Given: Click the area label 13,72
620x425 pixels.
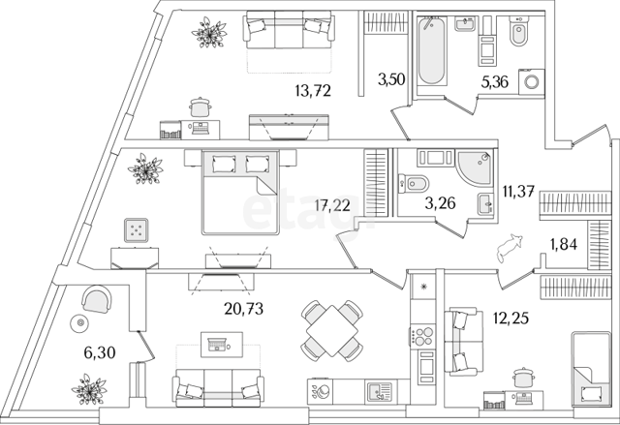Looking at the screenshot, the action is [x=313, y=91].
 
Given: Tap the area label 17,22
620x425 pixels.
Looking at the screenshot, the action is [x=332, y=205].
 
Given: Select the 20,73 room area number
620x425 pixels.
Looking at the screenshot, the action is [x=243, y=309].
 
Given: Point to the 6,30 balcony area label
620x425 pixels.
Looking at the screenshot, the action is [x=100, y=352].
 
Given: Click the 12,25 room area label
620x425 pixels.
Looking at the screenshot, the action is [x=511, y=318].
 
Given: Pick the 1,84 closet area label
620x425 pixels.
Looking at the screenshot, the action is [x=564, y=245].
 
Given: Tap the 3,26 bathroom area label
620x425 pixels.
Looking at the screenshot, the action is [x=440, y=203].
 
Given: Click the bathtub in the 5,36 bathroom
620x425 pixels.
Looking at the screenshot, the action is [x=431, y=50].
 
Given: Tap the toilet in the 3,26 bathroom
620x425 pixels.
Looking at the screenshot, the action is [x=414, y=184].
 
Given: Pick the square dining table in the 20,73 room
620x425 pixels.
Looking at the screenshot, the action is [x=332, y=331].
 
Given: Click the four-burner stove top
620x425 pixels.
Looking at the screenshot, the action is [x=422, y=336].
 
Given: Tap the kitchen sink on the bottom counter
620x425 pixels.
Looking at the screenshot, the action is [x=379, y=392].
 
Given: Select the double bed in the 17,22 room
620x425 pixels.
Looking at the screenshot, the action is [x=240, y=193].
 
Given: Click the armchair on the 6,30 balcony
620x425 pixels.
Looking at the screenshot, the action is [x=97, y=300].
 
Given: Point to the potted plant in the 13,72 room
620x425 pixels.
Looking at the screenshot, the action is [x=209, y=32].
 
